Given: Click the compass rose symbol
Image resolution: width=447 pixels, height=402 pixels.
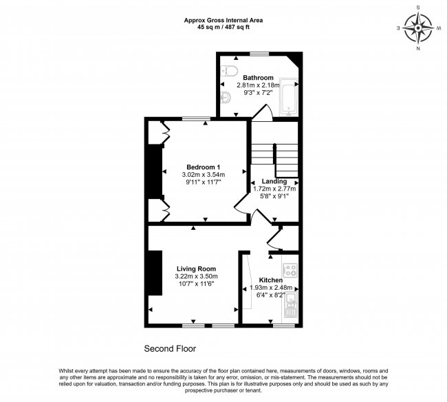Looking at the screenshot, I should [418, 28].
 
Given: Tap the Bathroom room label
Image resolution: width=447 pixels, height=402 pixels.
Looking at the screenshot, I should [259, 77].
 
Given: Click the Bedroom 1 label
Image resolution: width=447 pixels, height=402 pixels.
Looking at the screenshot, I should [204, 167].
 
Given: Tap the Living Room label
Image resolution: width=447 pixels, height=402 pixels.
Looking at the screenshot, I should [196, 268].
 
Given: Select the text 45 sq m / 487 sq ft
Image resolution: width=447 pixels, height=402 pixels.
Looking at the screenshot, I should [223, 28].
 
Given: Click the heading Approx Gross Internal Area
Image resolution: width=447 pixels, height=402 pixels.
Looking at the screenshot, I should [223, 20].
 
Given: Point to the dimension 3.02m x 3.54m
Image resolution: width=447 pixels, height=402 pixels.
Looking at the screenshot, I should [204, 175].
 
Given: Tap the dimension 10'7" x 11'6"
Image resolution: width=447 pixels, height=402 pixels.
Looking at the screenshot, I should [196, 284].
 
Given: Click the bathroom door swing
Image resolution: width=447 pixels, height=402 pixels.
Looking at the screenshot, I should [261, 112].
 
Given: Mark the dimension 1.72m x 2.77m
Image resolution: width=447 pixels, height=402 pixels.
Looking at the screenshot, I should [274, 189].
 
